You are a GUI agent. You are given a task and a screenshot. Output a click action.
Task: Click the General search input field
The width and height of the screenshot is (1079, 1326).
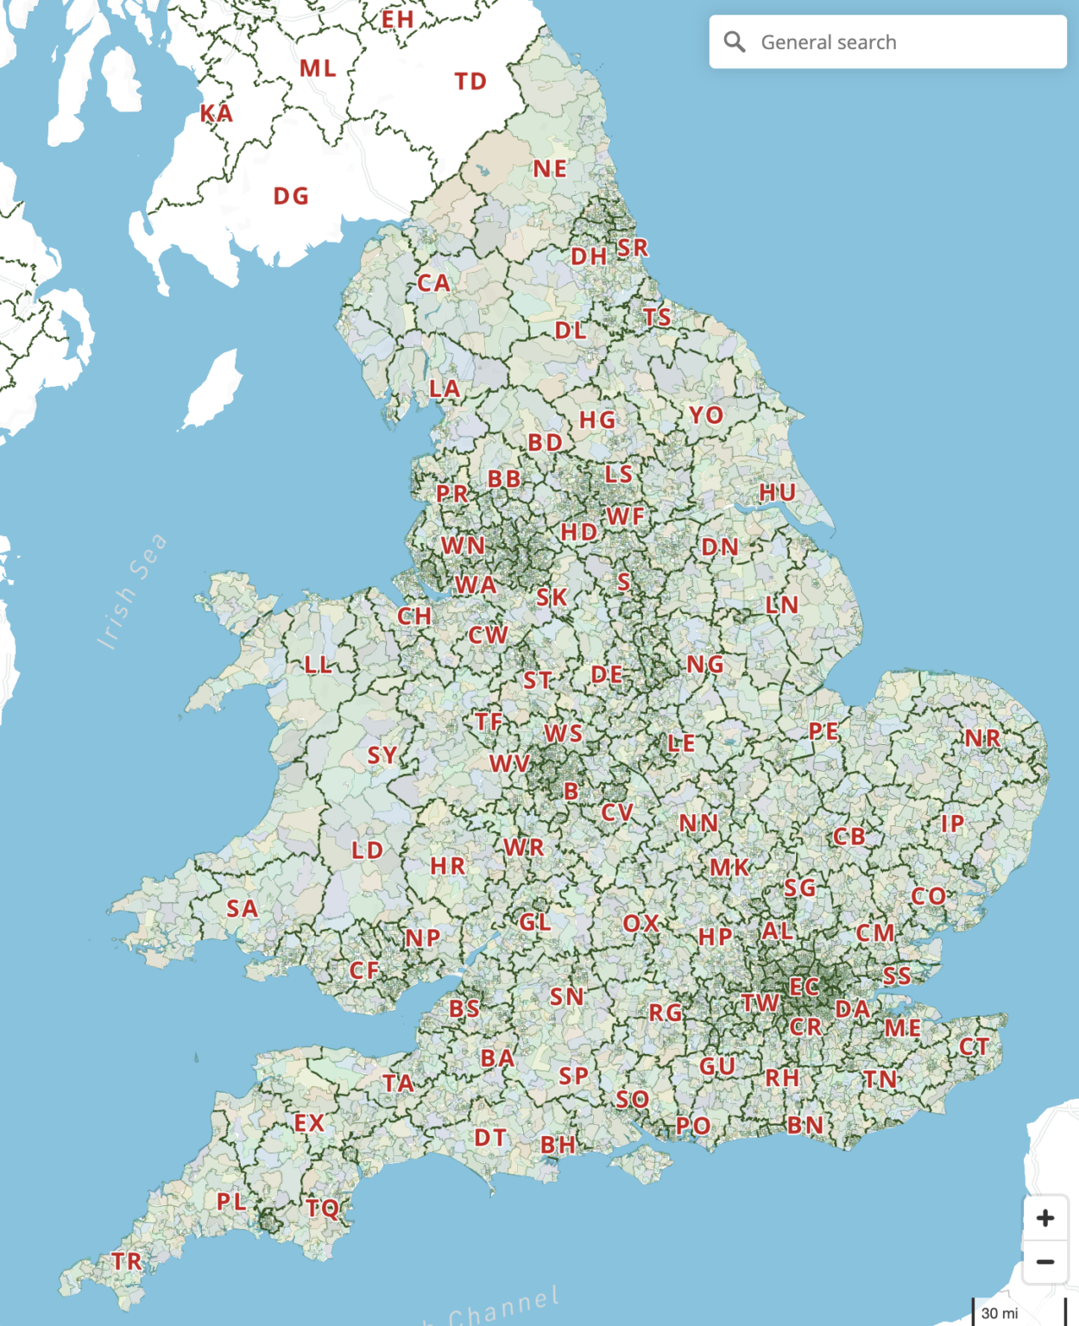click(898, 42)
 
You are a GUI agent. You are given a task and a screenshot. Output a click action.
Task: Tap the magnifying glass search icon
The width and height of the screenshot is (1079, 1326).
click(735, 41)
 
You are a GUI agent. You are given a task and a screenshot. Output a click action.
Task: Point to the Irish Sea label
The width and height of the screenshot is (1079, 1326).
click(132, 591)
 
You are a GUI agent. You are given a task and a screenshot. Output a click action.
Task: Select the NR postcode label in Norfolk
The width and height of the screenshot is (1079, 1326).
click(982, 739)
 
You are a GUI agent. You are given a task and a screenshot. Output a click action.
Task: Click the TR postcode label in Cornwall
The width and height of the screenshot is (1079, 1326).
click(127, 1261)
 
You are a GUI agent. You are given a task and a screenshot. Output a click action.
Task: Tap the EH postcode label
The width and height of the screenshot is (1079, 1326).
click(398, 19)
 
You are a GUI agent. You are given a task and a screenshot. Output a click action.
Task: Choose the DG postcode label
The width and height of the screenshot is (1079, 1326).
click(291, 197)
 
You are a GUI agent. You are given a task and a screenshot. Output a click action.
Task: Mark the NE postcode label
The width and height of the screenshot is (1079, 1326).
click(550, 169)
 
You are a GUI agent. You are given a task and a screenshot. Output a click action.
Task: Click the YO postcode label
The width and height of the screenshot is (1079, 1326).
click(706, 415)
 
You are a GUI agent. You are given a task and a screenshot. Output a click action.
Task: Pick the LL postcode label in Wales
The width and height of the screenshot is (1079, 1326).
click(318, 665)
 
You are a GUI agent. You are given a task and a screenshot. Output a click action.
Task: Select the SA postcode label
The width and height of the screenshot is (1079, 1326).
click(242, 908)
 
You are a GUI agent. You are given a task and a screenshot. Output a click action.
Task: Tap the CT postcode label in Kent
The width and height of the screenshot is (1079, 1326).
click(975, 1047)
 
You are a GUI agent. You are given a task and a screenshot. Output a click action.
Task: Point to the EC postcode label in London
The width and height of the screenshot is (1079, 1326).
click(804, 987)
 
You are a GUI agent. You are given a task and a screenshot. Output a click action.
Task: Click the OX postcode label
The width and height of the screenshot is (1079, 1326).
click(641, 924)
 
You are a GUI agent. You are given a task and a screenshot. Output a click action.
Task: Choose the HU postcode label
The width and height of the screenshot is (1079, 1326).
click(778, 493)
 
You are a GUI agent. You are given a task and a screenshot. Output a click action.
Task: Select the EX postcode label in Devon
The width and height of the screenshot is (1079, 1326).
click(309, 1123)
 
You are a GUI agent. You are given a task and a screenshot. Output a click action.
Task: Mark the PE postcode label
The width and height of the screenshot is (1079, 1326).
click(823, 732)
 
